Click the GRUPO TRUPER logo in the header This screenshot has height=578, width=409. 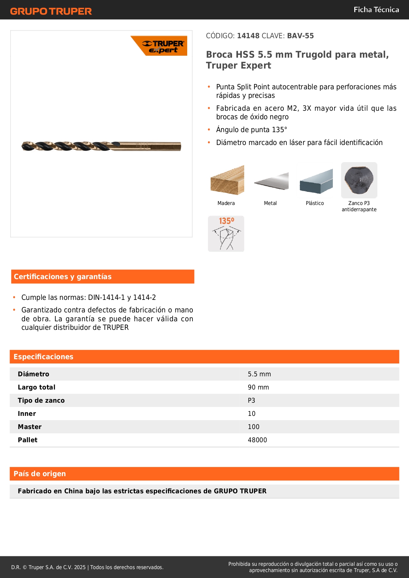[x=51, y=11]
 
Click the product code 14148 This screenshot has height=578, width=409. [x=248, y=36]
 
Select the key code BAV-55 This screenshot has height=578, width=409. [x=300, y=36]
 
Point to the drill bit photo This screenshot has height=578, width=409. [x=101, y=146]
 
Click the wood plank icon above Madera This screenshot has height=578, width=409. [x=227, y=180]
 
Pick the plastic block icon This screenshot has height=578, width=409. [x=316, y=181]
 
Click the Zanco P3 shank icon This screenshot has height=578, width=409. [x=359, y=180]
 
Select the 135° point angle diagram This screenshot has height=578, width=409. [x=226, y=234]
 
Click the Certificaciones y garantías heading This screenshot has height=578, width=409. [x=63, y=276]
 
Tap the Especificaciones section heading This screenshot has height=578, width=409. [x=44, y=357]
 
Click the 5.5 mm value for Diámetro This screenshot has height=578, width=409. [x=259, y=374]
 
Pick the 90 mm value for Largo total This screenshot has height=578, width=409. [x=258, y=387]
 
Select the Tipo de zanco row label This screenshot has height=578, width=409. [x=41, y=400]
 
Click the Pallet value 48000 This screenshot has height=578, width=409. [x=257, y=440]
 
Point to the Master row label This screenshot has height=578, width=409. [x=30, y=427]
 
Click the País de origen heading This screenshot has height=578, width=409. [x=40, y=474]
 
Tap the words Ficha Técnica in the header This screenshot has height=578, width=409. [x=376, y=10]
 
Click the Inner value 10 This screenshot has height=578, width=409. [x=252, y=414]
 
